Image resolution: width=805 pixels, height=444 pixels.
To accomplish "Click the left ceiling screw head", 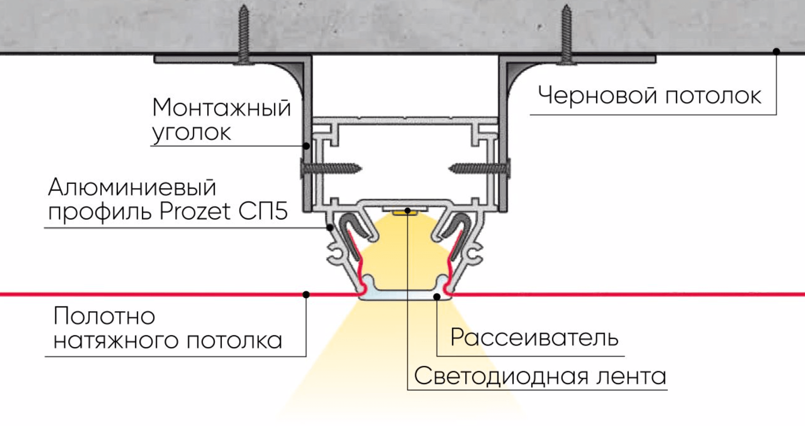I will [x=243, y=61].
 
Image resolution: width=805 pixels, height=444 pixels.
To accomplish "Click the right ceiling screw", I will [x=566, y=36].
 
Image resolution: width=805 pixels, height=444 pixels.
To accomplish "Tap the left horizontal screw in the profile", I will [x=331, y=169].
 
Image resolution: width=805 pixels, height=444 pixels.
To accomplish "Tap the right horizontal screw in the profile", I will [x=480, y=169].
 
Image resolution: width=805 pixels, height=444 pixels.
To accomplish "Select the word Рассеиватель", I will [x=534, y=337].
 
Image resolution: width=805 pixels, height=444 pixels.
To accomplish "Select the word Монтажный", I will [x=221, y=108].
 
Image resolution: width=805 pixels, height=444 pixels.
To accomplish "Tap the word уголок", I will [x=191, y=132].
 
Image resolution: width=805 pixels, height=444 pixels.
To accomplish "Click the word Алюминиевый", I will [x=132, y=187].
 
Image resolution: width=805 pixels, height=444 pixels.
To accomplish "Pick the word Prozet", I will [x=195, y=211].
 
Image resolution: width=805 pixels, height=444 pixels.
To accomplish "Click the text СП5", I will [x=263, y=211].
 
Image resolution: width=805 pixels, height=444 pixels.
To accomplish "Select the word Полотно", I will [x=104, y=316].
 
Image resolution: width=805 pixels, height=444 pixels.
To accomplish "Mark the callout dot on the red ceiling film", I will [x=306, y=294].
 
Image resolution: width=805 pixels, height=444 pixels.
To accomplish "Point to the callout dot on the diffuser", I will [x=437, y=297].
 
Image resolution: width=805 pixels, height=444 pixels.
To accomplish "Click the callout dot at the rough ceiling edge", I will [x=776, y=52].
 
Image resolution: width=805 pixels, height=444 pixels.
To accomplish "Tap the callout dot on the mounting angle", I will [x=306, y=146].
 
